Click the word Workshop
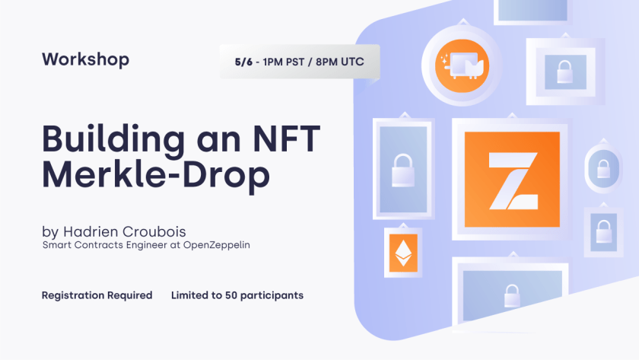pyautogui.click(x=85, y=59)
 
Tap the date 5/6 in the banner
pyautogui.click(x=243, y=62)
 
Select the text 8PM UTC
pyautogui.click(x=340, y=62)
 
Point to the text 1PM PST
pyautogui.click(x=283, y=62)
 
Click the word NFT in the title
pyautogui.click(x=287, y=139)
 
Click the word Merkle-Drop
pyautogui.click(x=156, y=174)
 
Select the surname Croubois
pyautogui.click(x=154, y=232)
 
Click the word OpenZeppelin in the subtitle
pyautogui.click(x=216, y=245)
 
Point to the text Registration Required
pyautogui.click(x=97, y=295)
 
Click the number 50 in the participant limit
pyautogui.click(x=231, y=295)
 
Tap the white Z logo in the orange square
pyautogui.click(x=513, y=181)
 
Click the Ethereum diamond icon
pyautogui.click(x=403, y=253)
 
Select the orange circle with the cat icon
pyautogui.click(x=462, y=65)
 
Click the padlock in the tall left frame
pyautogui.click(x=403, y=170)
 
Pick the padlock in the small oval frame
pyautogui.click(x=603, y=168)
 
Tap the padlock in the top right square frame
pyautogui.click(x=564, y=72)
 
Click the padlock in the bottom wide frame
pyautogui.click(x=512, y=296)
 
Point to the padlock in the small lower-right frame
pyautogui.click(x=603, y=231)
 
